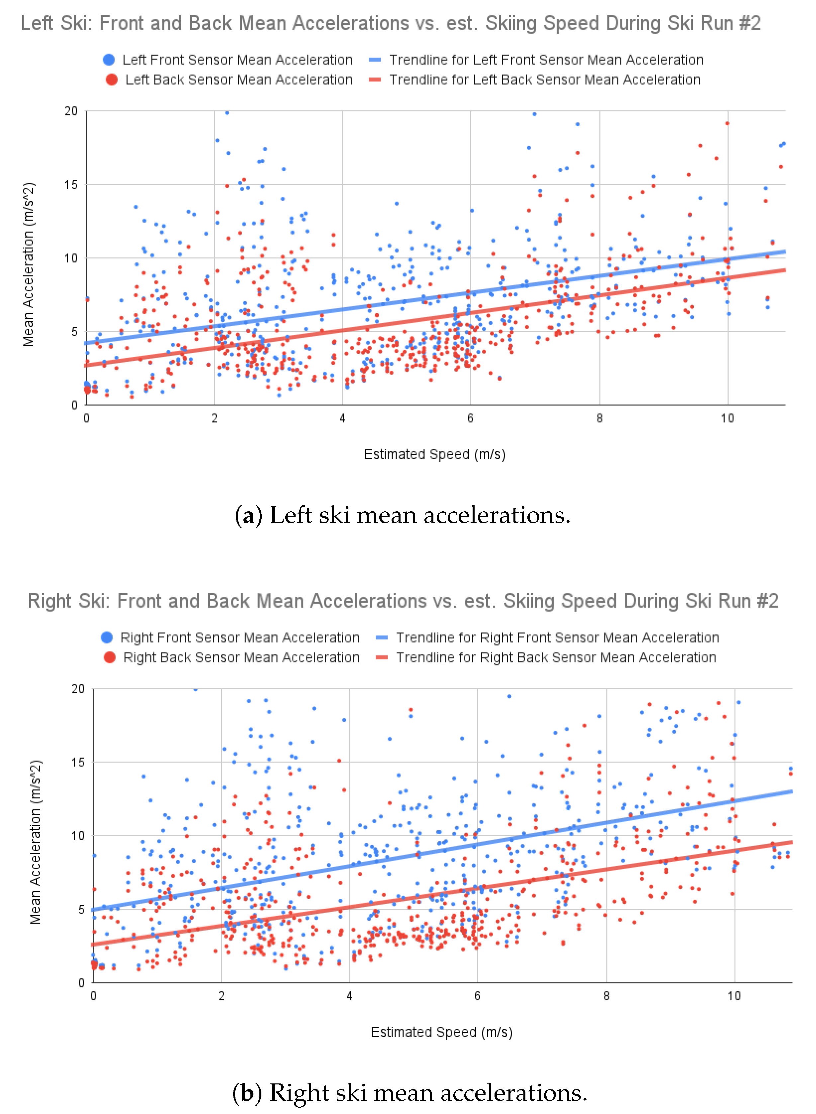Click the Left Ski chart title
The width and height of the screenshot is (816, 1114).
click(x=391, y=23)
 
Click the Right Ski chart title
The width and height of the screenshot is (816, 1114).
click(x=403, y=601)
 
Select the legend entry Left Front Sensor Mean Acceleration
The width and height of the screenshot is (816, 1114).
click(x=237, y=60)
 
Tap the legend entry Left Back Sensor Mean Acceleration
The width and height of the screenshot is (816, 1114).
click(x=238, y=79)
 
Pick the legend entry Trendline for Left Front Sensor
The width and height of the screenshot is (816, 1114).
click(x=546, y=60)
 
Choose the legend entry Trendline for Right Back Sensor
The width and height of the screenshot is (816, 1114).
click(x=556, y=658)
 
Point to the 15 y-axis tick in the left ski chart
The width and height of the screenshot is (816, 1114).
click(x=71, y=185)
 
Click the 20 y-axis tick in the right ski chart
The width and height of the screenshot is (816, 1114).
click(x=78, y=689)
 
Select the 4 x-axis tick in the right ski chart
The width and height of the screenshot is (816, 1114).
click(x=349, y=996)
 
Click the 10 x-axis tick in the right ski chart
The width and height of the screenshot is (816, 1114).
click(x=734, y=996)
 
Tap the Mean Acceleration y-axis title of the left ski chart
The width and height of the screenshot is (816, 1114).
click(x=29, y=264)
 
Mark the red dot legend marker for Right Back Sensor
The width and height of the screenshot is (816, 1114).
click(x=109, y=658)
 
